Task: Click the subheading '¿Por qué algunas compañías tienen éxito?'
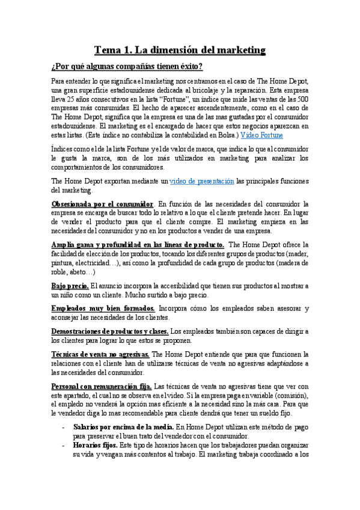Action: pyautogui.click(x=127, y=66)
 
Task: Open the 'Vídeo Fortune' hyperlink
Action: pyautogui.click(x=262, y=135)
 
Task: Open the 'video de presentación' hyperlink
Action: pyautogui.click(x=202, y=181)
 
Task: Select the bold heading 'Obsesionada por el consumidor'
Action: pyautogui.click(x=102, y=204)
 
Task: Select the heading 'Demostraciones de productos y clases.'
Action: pyautogui.click(x=110, y=331)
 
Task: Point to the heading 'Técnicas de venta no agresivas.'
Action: pyautogui.click(x=100, y=354)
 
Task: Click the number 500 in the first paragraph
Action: pyautogui.click(x=304, y=99)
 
